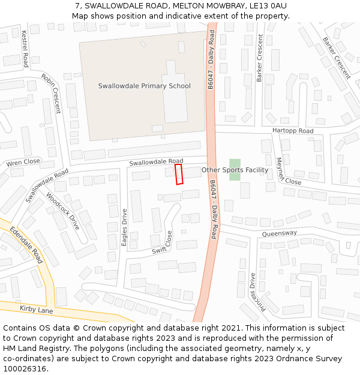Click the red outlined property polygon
tap(178, 175)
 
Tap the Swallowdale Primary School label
tap(144, 86)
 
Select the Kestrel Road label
tap(25, 48)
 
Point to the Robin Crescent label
tap(51, 93)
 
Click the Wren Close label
tap(23, 163)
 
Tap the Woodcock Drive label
tap(62, 211)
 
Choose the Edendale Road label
tap(26, 245)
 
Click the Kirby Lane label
tap(36, 310)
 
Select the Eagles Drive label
tap(125, 227)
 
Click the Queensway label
tap(280, 233)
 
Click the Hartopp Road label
tap(293, 131)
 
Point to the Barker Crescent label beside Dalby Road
tap(260, 58)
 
